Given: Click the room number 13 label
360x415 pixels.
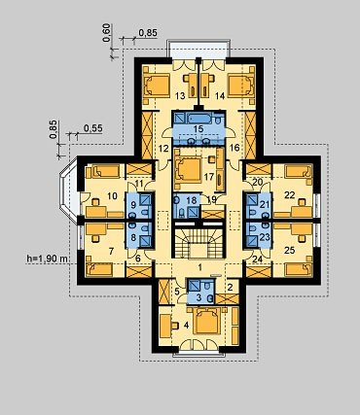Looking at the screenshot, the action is pos(180,96).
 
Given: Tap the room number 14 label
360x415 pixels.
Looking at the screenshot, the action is pos(220,96).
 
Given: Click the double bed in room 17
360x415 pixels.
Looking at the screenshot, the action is pos(188,169).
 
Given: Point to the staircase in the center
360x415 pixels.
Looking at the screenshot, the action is pos(198,243).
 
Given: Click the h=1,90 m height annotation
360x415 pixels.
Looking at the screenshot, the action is pos(47,259).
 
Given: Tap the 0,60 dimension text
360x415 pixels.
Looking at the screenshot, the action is pos(108,33).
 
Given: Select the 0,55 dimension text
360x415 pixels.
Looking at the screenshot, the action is pos(93,128).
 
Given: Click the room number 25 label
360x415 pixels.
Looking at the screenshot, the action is pos(289,250).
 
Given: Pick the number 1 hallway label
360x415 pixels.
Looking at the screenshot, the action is pos(200,267).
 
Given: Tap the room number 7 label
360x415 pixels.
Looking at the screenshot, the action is pos(111,251).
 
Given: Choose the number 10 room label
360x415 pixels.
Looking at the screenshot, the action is pos(112,196).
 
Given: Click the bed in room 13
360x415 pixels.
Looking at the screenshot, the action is pos(157,86).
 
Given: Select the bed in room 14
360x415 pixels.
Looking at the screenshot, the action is pos(241,86).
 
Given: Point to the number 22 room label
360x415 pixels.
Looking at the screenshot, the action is pos(289,194).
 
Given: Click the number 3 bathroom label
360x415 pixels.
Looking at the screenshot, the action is pos(198,296).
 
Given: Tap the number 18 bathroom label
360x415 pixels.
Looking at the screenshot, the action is pos(192,200).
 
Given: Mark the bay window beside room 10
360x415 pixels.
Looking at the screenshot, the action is pos(69,189).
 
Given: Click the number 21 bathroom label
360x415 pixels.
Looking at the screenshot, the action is pos(265,205).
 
